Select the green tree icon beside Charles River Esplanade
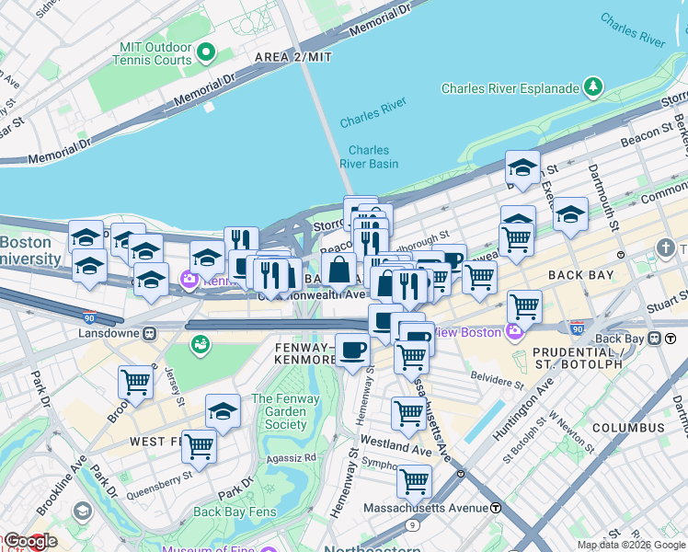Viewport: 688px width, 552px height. (x=594, y=88)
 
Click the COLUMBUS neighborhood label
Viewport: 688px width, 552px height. (x=627, y=428)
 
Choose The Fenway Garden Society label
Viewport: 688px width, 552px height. (x=286, y=412)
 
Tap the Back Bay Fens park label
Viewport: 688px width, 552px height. (x=234, y=512)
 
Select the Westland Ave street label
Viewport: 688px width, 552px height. (x=396, y=452)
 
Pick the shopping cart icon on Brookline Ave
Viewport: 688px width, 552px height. (x=135, y=381)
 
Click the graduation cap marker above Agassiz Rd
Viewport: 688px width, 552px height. (x=223, y=411)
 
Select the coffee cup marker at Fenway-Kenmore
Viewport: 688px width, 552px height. (x=352, y=349)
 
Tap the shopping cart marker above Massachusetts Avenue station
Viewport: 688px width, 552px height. (x=414, y=479)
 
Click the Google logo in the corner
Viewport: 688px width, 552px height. (x=29, y=542)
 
